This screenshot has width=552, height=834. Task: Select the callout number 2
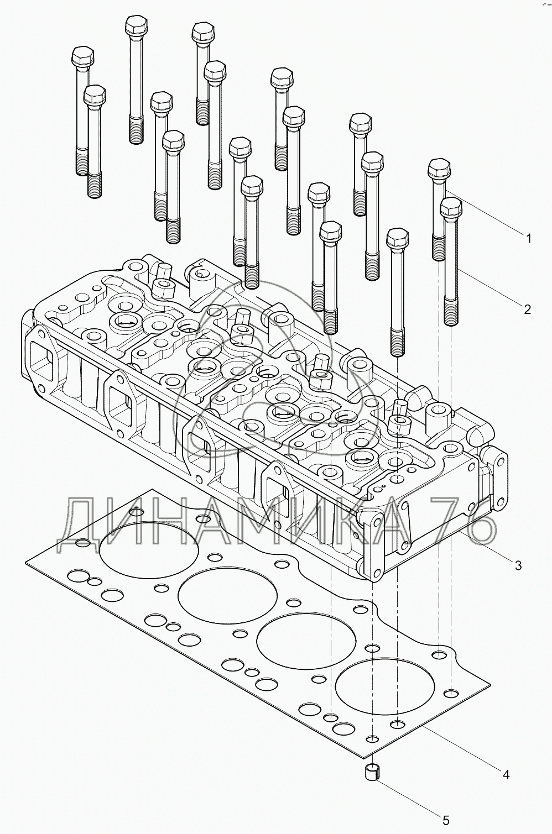tap(527, 310)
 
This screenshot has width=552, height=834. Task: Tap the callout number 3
tap(518, 565)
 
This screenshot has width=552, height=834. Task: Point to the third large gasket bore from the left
tap(306, 641)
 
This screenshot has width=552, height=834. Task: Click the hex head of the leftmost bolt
tap(82, 56)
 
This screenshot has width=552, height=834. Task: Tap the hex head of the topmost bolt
tap(137, 25)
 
